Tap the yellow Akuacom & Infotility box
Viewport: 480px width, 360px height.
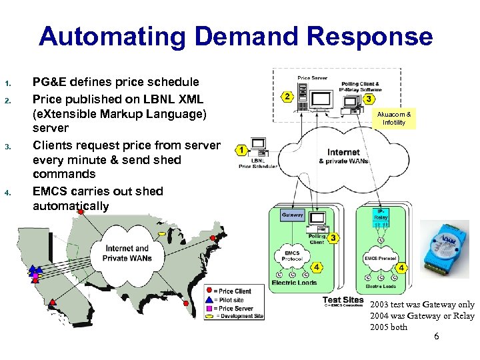394,118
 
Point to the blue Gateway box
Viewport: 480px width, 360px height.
293,215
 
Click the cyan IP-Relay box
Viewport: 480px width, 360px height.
381,214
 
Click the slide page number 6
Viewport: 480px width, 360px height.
436,337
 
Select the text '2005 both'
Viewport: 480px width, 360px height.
389,327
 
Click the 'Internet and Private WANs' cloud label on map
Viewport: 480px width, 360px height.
127,253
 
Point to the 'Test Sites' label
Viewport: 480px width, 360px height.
343,299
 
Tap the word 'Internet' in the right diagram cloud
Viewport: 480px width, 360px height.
343,152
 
